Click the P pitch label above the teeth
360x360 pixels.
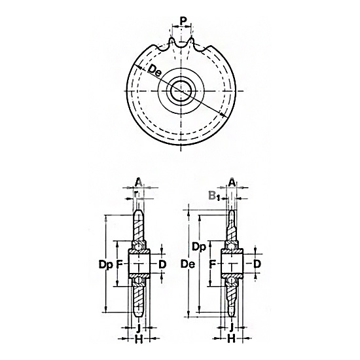tap(183, 21)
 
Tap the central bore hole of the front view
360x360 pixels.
tap(181, 91)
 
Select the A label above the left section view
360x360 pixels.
tap(139, 183)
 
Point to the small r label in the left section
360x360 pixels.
tap(137, 194)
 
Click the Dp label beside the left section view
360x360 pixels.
tap(106, 264)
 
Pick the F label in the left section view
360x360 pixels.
tap(119, 264)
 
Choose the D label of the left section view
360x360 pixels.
tap(162, 264)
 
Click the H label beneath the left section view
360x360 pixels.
tap(139, 340)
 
